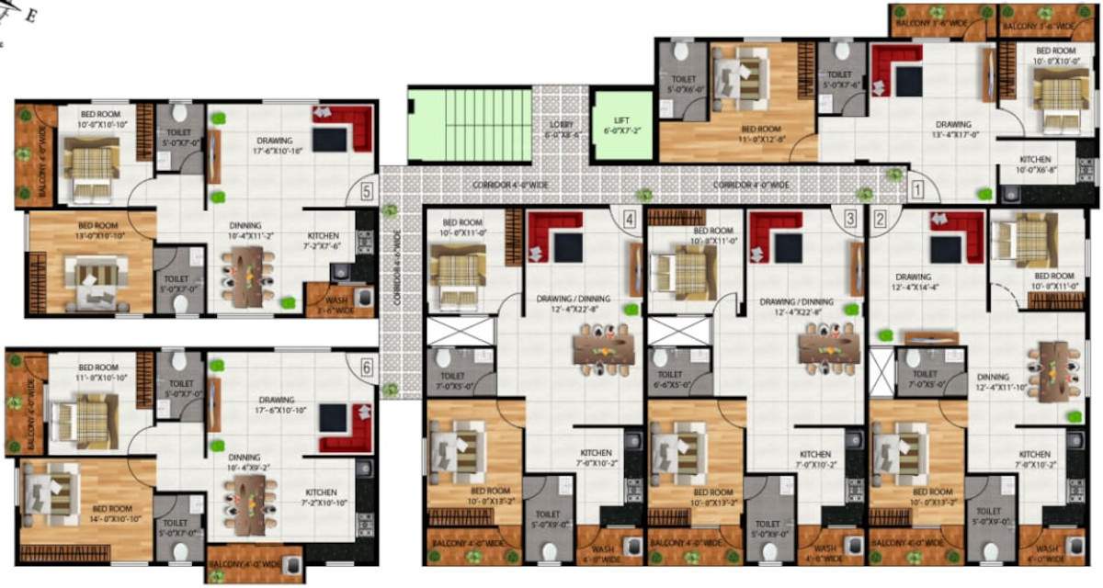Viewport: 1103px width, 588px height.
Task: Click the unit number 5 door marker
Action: (x=367, y=192)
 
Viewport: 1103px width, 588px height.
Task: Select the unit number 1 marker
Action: (x=916, y=191)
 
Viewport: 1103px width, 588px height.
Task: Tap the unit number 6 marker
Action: (x=367, y=367)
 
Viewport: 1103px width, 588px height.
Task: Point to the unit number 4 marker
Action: (x=630, y=220)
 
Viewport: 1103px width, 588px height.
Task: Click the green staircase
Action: (x=471, y=125)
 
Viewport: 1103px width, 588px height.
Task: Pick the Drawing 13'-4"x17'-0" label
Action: (x=953, y=130)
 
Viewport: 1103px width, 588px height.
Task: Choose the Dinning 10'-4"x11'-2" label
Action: (x=246, y=231)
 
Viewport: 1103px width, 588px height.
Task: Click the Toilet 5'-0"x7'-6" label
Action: (x=840, y=81)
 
